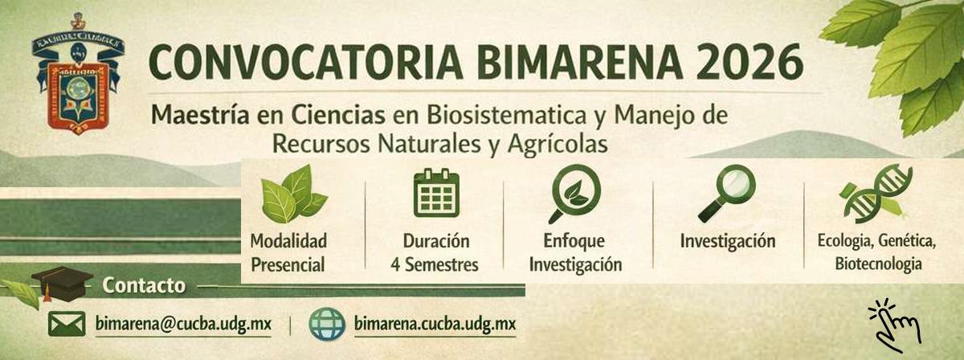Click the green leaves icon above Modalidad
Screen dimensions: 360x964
point(291,195)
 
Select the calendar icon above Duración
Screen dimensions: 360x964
point(436,194)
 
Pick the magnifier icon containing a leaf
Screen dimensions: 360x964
point(574,194)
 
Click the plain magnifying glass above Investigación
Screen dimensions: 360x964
point(726,194)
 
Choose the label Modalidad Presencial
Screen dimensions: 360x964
point(288,252)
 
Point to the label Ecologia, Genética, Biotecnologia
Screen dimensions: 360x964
point(877,252)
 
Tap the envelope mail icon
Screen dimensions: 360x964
point(66,324)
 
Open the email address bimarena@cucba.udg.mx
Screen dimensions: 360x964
point(182,324)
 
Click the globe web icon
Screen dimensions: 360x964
point(327,324)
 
